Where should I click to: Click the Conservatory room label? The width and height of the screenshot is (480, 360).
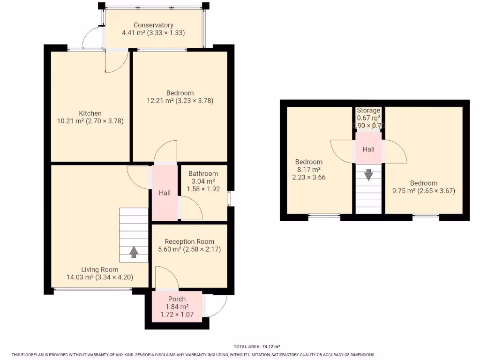pyautogui.click(x=153, y=25)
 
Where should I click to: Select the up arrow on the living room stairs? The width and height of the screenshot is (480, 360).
pyautogui.click(x=134, y=252)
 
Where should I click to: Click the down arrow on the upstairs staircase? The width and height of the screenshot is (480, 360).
pyautogui.click(x=368, y=174)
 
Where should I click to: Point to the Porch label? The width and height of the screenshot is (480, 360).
pyautogui.click(x=177, y=299)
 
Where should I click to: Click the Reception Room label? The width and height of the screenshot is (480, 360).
pyautogui.click(x=189, y=242)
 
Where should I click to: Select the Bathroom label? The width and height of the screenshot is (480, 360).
pyautogui.click(x=203, y=173)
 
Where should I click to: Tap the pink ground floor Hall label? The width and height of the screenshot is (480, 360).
pyautogui.click(x=165, y=193)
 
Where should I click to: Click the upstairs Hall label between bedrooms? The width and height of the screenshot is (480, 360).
pyautogui.click(x=368, y=150)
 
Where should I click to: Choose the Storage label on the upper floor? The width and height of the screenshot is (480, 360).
pyautogui.click(x=368, y=111)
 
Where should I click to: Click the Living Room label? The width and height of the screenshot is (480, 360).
pyautogui.click(x=100, y=270)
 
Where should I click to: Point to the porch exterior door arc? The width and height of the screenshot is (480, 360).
pyautogui.click(x=217, y=307)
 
